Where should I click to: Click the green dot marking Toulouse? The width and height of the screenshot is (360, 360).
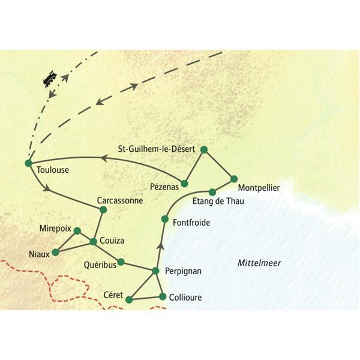coord(28,163)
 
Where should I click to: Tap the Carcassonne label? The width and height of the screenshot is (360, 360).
coord(120,201)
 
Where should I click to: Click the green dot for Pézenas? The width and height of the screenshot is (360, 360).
coord(185,184)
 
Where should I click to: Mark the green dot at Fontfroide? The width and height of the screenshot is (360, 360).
coord(164,220)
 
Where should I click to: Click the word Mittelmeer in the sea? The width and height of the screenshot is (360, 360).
coord(259,263)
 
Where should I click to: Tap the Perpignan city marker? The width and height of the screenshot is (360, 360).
coord(156,271)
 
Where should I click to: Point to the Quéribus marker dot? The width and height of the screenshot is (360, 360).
coord(121,262)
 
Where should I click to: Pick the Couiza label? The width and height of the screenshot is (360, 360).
coord(113,241)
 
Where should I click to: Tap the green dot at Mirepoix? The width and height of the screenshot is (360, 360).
coord(77,230)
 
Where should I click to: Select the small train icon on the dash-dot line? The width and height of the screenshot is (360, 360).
coord(51,79)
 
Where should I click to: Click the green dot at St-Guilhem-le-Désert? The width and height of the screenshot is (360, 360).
coord(203,149)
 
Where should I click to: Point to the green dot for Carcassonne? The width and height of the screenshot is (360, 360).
coord(103,209)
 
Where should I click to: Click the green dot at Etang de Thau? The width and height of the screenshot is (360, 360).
coord(212,193)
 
